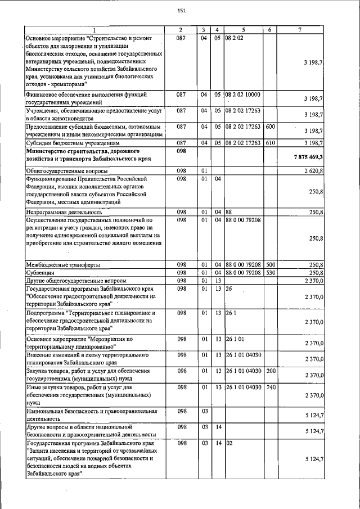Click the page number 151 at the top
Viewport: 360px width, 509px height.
(181, 11)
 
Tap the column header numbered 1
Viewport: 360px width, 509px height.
(94, 29)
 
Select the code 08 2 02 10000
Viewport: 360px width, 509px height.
(243, 94)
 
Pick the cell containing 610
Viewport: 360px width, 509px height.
(270, 143)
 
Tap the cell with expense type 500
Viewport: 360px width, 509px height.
(270, 265)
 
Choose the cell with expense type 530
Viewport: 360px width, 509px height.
(270, 273)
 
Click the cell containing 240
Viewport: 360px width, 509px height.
(270, 387)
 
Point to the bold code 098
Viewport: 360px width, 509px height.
(181, 151)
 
